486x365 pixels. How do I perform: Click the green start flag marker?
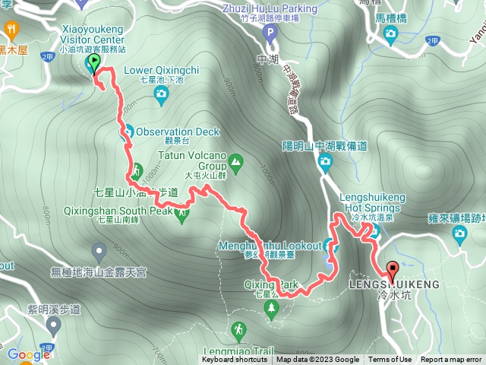[x=93, y=62]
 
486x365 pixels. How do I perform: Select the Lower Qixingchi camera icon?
[x=160, y=94]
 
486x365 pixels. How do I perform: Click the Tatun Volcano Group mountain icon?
[x=235, y=161]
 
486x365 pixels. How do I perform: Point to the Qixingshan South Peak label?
[x=135, y=210]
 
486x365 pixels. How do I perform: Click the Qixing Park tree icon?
[x=271, y=306]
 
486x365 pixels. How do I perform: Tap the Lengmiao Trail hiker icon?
[x=239, y=330]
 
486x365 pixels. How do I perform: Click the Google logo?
[x=28, y=354]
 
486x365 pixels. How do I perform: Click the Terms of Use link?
[x=390, y=360]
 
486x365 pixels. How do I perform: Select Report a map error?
[x=451, y=360]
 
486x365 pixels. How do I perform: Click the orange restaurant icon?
[x=11, y=29]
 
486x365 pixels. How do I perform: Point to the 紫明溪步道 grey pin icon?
[x=52, y=326]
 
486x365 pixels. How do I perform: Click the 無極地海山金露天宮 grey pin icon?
[x=99, y=250]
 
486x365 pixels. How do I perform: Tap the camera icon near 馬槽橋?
[x=390, y=33]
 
